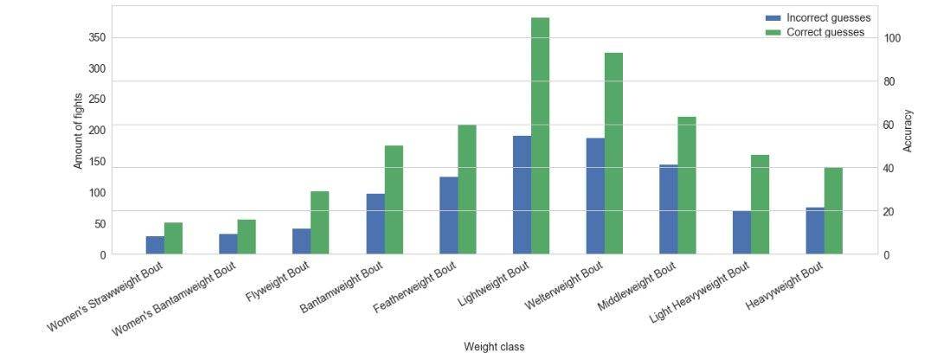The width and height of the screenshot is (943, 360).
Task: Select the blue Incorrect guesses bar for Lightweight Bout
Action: point(522,195)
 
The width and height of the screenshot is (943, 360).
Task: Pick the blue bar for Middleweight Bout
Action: point(668,209)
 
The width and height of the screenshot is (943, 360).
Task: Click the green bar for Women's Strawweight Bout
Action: point(173,238)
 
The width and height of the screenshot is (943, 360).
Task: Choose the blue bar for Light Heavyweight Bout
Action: point(741,232)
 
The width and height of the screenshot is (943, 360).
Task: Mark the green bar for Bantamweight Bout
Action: point(394,199)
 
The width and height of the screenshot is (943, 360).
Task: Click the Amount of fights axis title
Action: point(79,130)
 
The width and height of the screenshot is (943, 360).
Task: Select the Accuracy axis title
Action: point(908,130)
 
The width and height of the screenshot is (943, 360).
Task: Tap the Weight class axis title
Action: point(493,347)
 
